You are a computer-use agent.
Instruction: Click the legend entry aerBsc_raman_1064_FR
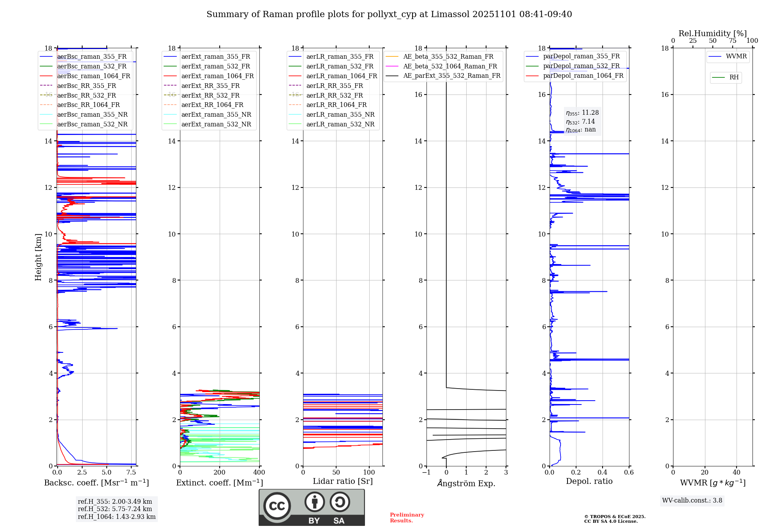(93, 76)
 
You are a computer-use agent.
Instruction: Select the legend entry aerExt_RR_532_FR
(210, 95)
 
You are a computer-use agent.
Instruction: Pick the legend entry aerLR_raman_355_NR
(340, 114)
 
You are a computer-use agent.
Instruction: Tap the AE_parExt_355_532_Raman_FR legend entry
(451, 75)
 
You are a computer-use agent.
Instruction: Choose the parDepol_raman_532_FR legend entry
(581, 66)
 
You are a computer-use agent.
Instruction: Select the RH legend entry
(734, 77)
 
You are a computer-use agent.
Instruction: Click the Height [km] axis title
(38, 257)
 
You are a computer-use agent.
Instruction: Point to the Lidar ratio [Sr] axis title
(343, 481)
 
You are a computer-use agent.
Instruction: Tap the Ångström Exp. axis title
(466, 483)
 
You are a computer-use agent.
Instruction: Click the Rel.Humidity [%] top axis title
(712, 33)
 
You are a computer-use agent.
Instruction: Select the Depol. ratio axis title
(589, 481)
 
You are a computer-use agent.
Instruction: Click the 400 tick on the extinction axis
(259, 473)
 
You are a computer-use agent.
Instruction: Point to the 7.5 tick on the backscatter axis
(131, 473)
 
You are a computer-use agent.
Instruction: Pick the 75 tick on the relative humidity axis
(732, 41)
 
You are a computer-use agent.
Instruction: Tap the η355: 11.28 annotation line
(582, 113)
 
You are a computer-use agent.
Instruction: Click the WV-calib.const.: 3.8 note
(692, 501)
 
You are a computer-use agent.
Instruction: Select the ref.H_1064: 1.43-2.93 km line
(116, 517)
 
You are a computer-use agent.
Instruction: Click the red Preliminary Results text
(407, 518)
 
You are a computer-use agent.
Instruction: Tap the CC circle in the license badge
(277, 506)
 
